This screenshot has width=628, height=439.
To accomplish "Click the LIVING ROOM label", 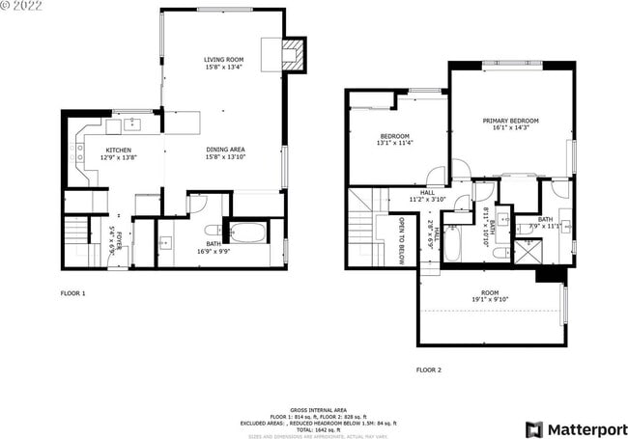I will [x=224, y=63].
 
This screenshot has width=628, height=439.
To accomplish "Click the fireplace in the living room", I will [x=295, y=55].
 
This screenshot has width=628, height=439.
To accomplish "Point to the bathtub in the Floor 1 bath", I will [x=248, y=233].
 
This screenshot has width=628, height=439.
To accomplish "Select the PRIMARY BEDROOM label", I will [x=510, y=124].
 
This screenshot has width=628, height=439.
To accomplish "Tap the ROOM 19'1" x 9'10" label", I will [x=490, y=295].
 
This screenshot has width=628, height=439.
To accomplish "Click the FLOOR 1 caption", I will [x=72, y=292].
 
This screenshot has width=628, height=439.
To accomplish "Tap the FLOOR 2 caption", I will [x=428, y=370].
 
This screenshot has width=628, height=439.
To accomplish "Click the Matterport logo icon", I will [x=533, y=428].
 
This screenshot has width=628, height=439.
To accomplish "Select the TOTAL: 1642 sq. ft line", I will [x=313, y=429].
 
